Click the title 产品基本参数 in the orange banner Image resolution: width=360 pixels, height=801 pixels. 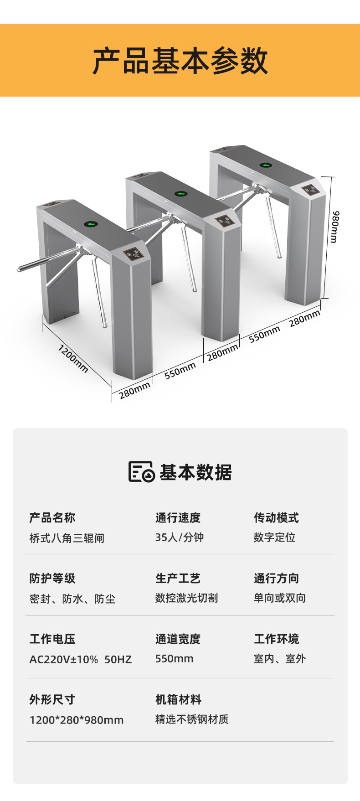[180, 61]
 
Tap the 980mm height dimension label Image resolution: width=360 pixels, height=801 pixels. [335, 227]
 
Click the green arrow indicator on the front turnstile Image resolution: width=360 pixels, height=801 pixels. [92, 224]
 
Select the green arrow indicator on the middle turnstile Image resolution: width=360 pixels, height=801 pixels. [181, 193]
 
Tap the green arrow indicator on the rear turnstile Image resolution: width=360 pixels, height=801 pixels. [266, 165]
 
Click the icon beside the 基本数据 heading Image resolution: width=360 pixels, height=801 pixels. [141, 471]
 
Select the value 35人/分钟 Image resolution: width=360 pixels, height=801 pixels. [179, 537]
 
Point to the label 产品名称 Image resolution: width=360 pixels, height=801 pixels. [52, 518]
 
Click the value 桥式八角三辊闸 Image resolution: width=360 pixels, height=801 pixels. [67, 538]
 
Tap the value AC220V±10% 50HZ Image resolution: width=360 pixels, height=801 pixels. [81, 659]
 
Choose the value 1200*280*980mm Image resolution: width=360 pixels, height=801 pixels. [77, 720]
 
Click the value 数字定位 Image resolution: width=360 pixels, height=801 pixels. [274, 537]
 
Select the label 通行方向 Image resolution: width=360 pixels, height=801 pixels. [276, 579]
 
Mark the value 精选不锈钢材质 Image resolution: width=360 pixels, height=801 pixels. [192, 719]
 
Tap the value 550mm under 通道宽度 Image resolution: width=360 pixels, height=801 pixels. [174, 659]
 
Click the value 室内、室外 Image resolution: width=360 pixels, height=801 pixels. [279, 659]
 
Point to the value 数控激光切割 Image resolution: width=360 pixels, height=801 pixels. [186, 598]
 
